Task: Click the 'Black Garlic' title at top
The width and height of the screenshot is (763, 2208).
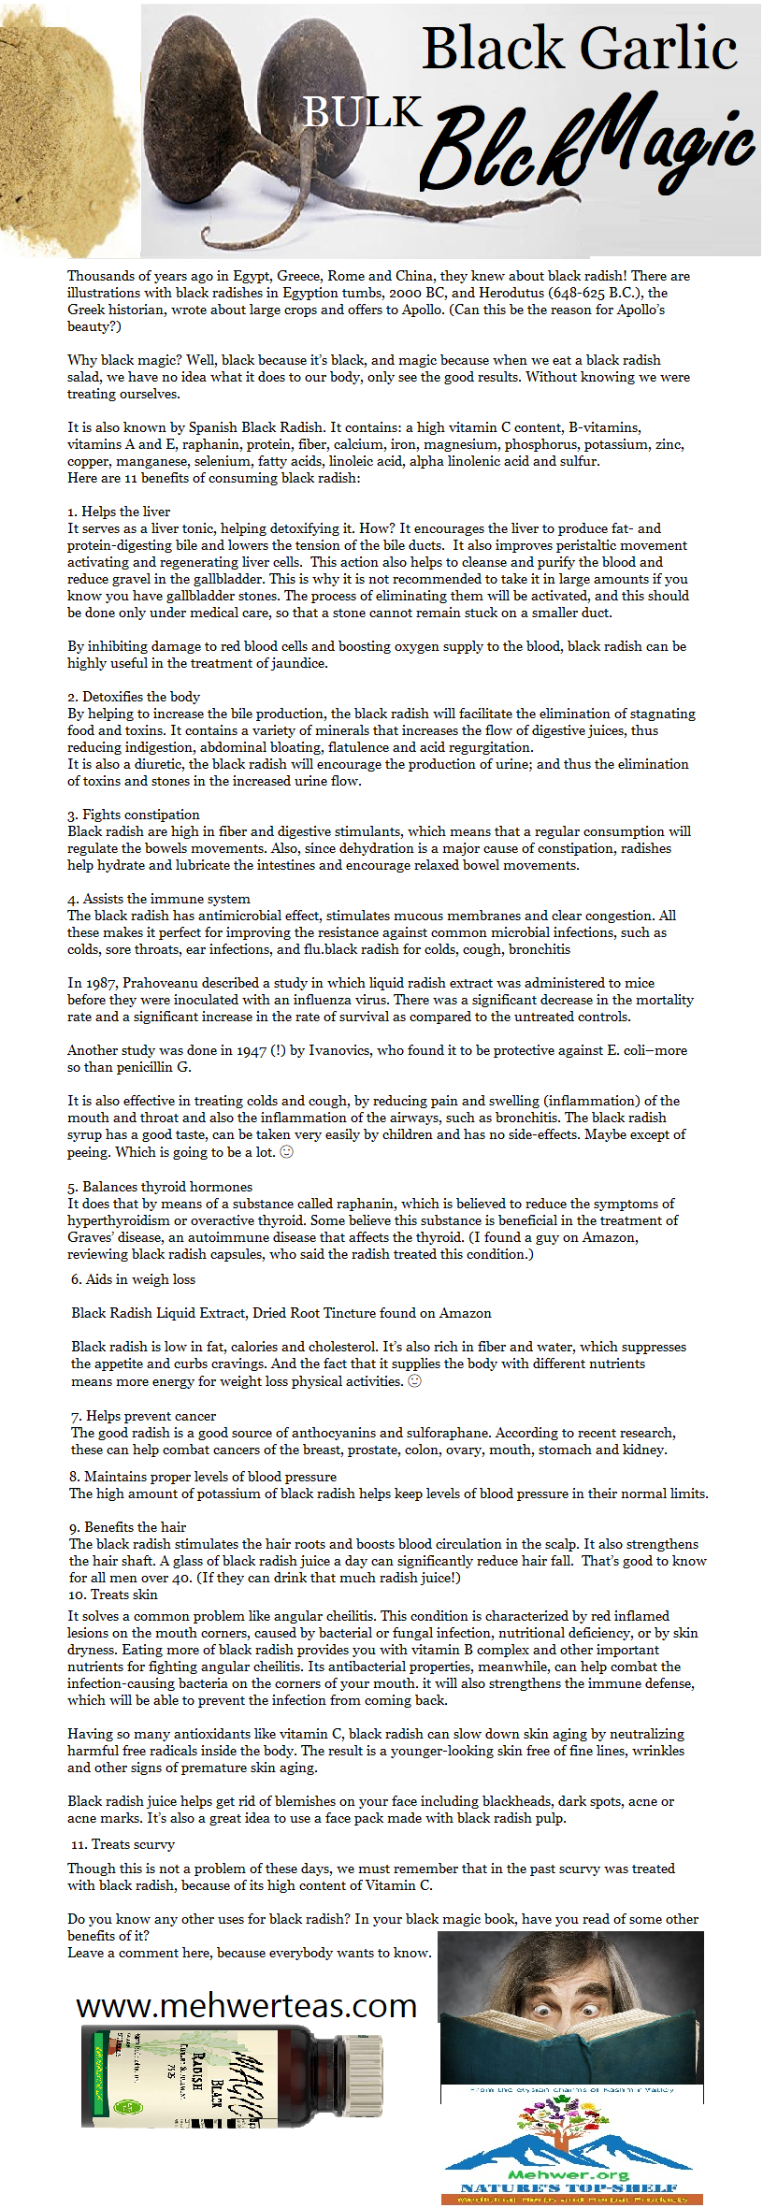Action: click(580, 49)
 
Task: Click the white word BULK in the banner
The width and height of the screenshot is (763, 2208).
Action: click(363, 112)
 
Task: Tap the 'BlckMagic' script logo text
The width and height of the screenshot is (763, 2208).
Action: click(589, 145)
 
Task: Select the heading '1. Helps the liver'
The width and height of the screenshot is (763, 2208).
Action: click(119, 512)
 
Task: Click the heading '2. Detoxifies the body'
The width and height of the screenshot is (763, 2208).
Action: click(134, 697)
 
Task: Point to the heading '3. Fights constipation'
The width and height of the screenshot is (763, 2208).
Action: click(134, 815)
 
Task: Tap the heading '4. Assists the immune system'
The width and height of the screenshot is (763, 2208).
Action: click(159, 899)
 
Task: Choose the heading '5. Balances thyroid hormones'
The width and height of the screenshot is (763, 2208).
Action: click(160, 1187)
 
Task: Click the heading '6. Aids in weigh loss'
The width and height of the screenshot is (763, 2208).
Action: click(133, 1279)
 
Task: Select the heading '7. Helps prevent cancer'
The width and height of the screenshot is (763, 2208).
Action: click(143, 1416)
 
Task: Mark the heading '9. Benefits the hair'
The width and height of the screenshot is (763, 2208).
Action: click(128, 1527)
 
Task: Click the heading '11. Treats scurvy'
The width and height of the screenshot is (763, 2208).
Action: click(122, 1844)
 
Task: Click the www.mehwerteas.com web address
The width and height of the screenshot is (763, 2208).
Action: click(246, 2006)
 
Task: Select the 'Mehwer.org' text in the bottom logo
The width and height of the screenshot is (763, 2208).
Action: click(568, 2175)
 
